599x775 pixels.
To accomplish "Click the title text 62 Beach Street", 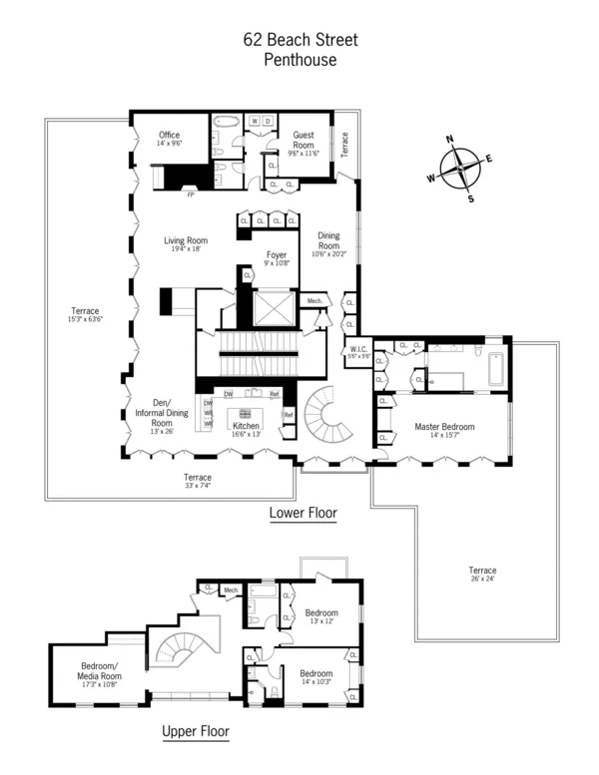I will tap(300, 40).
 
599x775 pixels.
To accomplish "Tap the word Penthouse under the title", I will tap(300, 60).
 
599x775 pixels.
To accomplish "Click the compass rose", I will tap(461, 167).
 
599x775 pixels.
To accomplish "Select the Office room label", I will tap(169, 136).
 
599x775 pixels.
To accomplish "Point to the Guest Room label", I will tap(303, 139).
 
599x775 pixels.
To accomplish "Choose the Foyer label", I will tap(277, 254).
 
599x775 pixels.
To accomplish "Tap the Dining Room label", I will tap(328, 240).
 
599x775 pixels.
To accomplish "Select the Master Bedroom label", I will tap(444, 426).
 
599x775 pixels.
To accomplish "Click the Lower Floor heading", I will tap(302, 515).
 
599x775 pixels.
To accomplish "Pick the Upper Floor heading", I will tap(196, 731).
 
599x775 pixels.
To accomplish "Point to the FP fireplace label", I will tap(190, 194).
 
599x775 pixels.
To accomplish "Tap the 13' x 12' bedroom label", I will tap(321, 621).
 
